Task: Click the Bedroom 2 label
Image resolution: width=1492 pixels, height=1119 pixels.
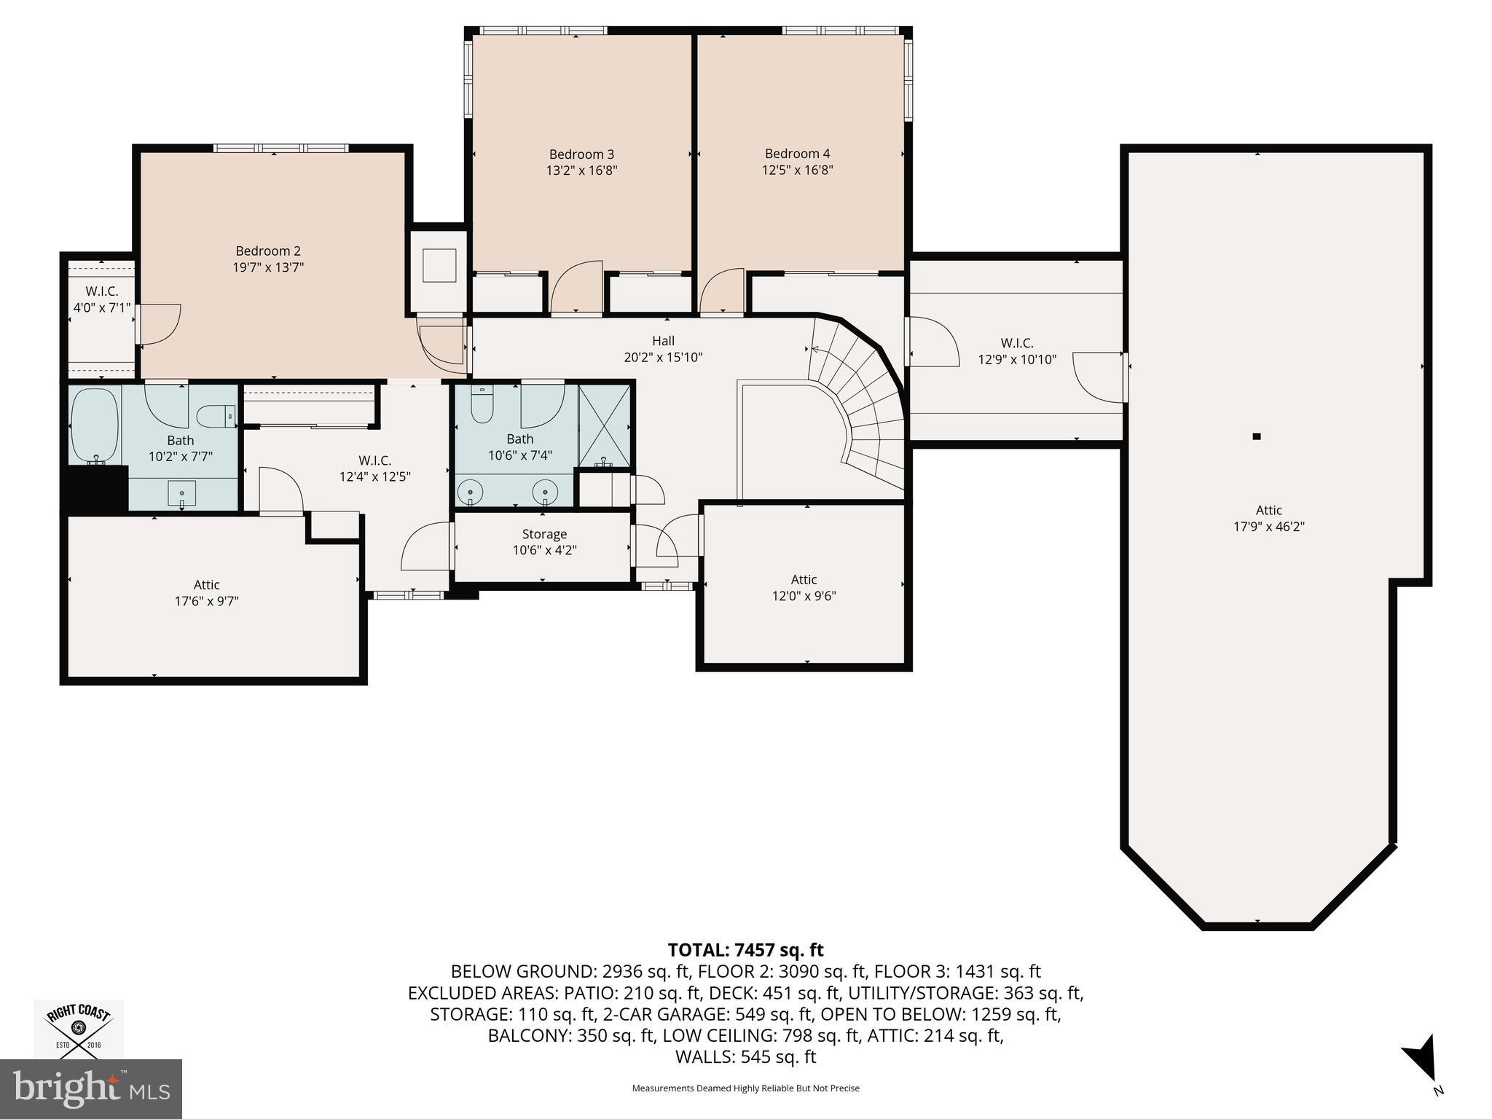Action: (x=268, y=251)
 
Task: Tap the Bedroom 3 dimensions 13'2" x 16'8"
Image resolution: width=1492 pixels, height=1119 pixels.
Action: (x=582, y=170)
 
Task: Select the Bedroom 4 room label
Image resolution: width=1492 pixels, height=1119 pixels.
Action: (x=798, y=154)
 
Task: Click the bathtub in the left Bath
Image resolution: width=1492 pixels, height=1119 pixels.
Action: (x=95, y=426)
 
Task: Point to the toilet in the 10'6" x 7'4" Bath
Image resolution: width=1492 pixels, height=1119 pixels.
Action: (x=482, y=406)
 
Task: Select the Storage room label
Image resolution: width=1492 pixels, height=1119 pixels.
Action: (x=544, y=535)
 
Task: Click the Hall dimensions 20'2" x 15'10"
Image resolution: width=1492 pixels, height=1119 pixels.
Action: (x=664, y=358)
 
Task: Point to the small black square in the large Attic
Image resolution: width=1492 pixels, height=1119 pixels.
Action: (x=1257, y=437)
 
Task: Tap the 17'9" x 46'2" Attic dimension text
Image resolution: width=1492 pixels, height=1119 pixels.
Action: (x=1269, y=527)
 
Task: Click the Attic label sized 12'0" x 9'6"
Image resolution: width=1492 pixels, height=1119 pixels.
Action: (x=804, y=580)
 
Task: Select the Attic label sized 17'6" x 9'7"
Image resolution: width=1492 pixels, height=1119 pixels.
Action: (x=207, y=585)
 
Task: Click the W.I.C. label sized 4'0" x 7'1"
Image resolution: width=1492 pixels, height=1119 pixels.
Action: (x=102, y=291)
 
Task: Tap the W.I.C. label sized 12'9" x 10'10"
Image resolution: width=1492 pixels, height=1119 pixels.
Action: (x=1017, y=343)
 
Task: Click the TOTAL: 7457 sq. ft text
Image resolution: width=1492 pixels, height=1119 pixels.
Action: (x=746, y=950)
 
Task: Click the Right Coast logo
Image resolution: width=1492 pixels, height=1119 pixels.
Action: (x=79, y=1029)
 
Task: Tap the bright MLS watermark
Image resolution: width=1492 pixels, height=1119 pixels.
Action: (x=91, y=1088)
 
